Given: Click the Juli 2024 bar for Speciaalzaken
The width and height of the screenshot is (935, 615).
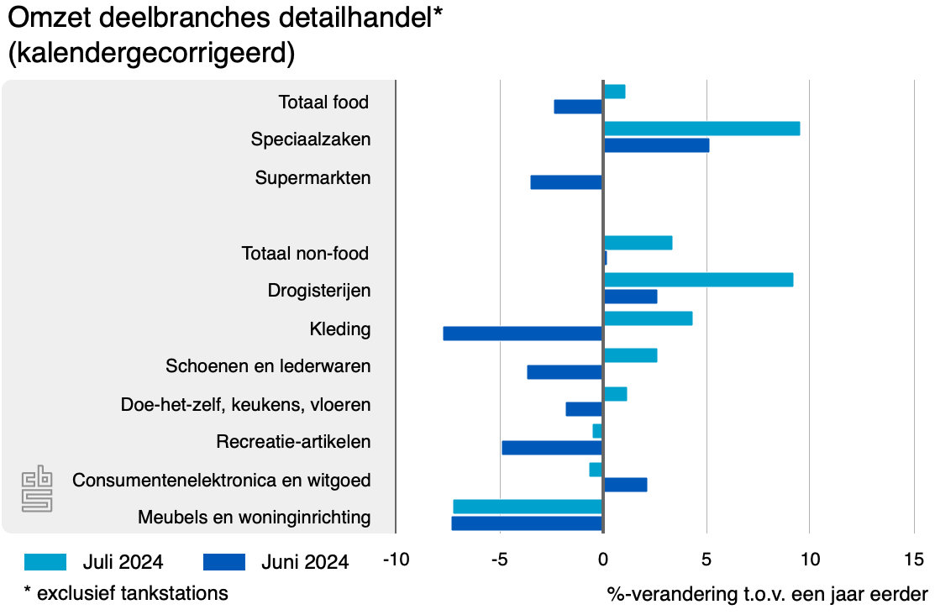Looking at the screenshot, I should [x=701, y=129].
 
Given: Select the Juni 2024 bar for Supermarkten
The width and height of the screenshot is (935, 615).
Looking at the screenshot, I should [x=566, y=182].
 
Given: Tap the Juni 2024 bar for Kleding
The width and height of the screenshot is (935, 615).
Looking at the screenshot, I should [x=523, y=334].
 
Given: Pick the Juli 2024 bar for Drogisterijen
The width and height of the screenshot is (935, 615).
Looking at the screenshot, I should [x=698, y=280].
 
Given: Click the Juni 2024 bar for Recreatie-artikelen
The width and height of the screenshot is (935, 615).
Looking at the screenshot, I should [x=552, y=448].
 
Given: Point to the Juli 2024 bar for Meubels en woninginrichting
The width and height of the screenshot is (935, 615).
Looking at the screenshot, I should [x=528, y=507].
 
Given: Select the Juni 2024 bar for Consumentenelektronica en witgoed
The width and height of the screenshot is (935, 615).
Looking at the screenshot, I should [x=625, y=485].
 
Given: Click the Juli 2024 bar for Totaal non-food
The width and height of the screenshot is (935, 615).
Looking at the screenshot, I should [x=638, y=243].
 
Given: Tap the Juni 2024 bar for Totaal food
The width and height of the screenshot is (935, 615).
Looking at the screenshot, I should [x=578, y=107].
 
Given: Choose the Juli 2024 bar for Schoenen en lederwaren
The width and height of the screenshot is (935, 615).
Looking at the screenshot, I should [x=630, y=355].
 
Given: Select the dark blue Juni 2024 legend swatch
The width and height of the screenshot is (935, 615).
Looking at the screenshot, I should [x=224, y=562].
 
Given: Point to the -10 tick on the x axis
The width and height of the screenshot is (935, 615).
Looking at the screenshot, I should [x=396, y=560].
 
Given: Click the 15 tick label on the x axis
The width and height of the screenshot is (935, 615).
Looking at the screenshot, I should [x=913, y=560].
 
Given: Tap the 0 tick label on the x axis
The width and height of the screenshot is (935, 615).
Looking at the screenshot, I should [x=602, y=560].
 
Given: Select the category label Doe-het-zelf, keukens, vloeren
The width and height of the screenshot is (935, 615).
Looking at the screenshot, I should [x=245, y=405].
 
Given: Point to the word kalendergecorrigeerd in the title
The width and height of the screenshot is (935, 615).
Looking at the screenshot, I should [x=151, y=54].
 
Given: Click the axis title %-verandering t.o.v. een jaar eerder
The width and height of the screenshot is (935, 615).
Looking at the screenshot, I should [x=767, y=594].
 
